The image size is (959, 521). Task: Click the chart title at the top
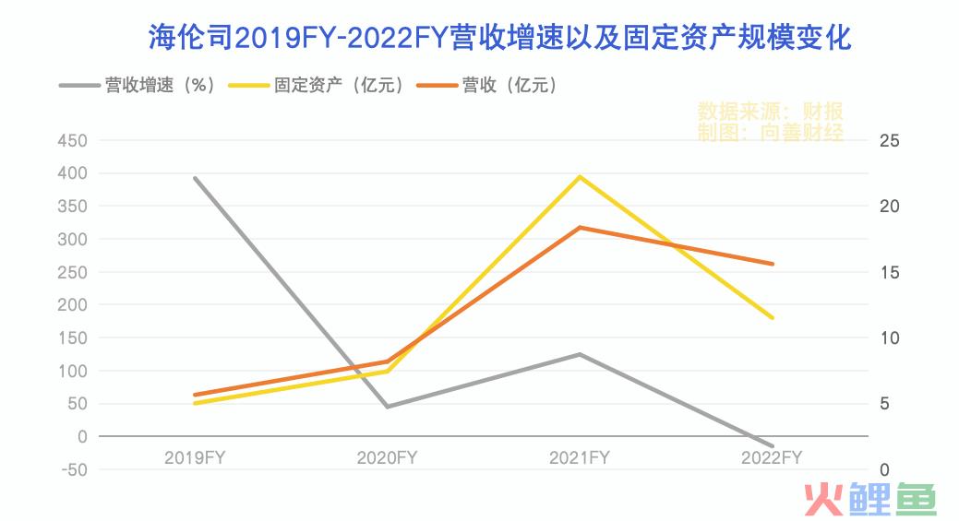coord(499,38)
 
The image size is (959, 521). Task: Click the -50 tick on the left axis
coord(70,469)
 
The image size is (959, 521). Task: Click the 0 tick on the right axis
coord(885,469)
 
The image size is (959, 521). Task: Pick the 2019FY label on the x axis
coord(195,457)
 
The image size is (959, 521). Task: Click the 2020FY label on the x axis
coord(388,457)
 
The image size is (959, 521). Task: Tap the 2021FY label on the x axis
coord(580,457)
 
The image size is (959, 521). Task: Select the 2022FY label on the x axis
coord(773,457)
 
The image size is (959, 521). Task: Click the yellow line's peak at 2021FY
coord(580,176)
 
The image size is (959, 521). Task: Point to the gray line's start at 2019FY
coord(196,178)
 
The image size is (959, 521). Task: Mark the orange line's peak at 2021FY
coord(580,227)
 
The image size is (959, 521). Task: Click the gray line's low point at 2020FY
coord(388,407)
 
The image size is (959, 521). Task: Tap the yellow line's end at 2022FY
coord(773,318)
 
